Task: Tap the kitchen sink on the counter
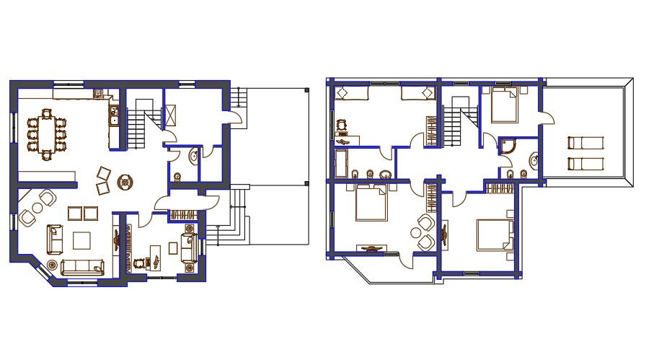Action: [113, 114]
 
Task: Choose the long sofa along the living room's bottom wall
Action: [82, 267]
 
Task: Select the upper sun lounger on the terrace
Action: [583, 142]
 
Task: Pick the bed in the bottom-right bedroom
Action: [495, 235]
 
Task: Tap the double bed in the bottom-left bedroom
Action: [371, 202]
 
